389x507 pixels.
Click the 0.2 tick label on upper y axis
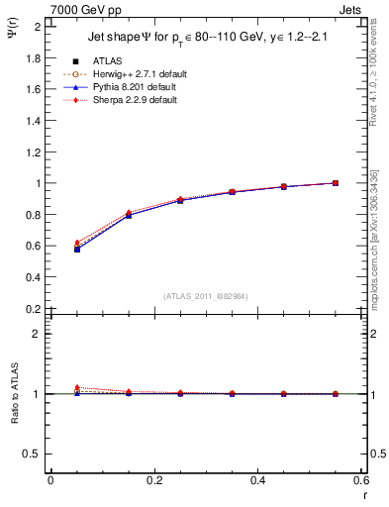point(33,309)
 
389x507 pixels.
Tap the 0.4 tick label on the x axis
point(257,480)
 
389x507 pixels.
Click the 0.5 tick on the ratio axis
point(33,454)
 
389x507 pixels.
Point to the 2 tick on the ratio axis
point(38,334)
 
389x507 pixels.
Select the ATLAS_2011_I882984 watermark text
point(205,296)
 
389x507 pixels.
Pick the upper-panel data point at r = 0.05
point(77,249)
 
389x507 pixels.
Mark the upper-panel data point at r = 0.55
point(336,183)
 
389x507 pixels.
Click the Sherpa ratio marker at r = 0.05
point(77,387)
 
